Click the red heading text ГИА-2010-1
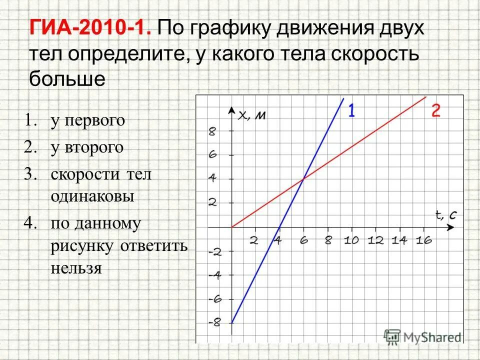pyautogui.click(x=90, y=28)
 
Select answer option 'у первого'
pyautogui.click(x=87, y=120)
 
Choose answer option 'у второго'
pyautogui.click(x=86, y=147)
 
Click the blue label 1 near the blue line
pyautogui.click(x=351, y=110)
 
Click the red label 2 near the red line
pyautogui.click(x=435, y=110)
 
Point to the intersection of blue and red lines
pyautogui.click(x=303, y=179)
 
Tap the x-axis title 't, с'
pyautogui.click(x=445, y=215)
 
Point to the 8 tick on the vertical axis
pyautogui.click(x=212, y=131)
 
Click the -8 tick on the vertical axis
pyautogui.click(x=214, y=322)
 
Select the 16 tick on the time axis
pyautogui.click(x=423, y=240)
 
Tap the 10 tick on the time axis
pyautogui.click(x=351, y=240)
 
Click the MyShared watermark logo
pyautogui.click(x=422, y=336)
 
